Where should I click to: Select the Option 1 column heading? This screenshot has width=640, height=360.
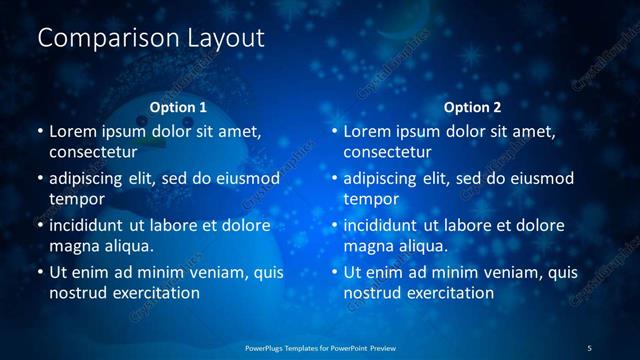coord(178,107)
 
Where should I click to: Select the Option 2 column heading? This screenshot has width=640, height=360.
coord(473,107)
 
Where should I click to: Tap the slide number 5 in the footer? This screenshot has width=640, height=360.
coord(589,348)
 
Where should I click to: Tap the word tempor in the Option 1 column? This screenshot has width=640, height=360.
coord(77,200)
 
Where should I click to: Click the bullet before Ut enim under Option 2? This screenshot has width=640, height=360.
coord(334,272)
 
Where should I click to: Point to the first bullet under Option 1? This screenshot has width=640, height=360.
coord(39,131)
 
